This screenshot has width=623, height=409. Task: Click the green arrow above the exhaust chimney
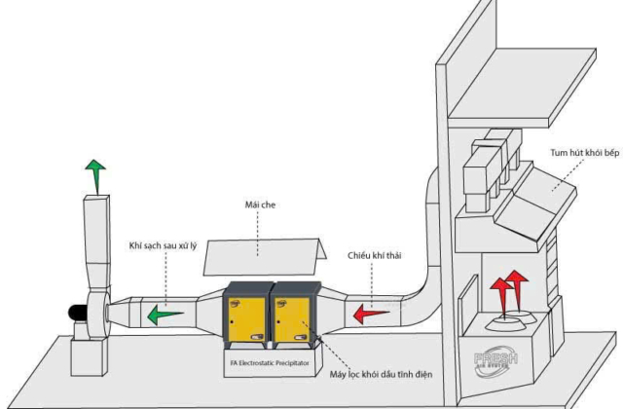[94, 175]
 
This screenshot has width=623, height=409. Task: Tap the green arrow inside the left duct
[164, 314]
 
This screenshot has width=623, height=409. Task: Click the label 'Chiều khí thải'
[375, 257]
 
